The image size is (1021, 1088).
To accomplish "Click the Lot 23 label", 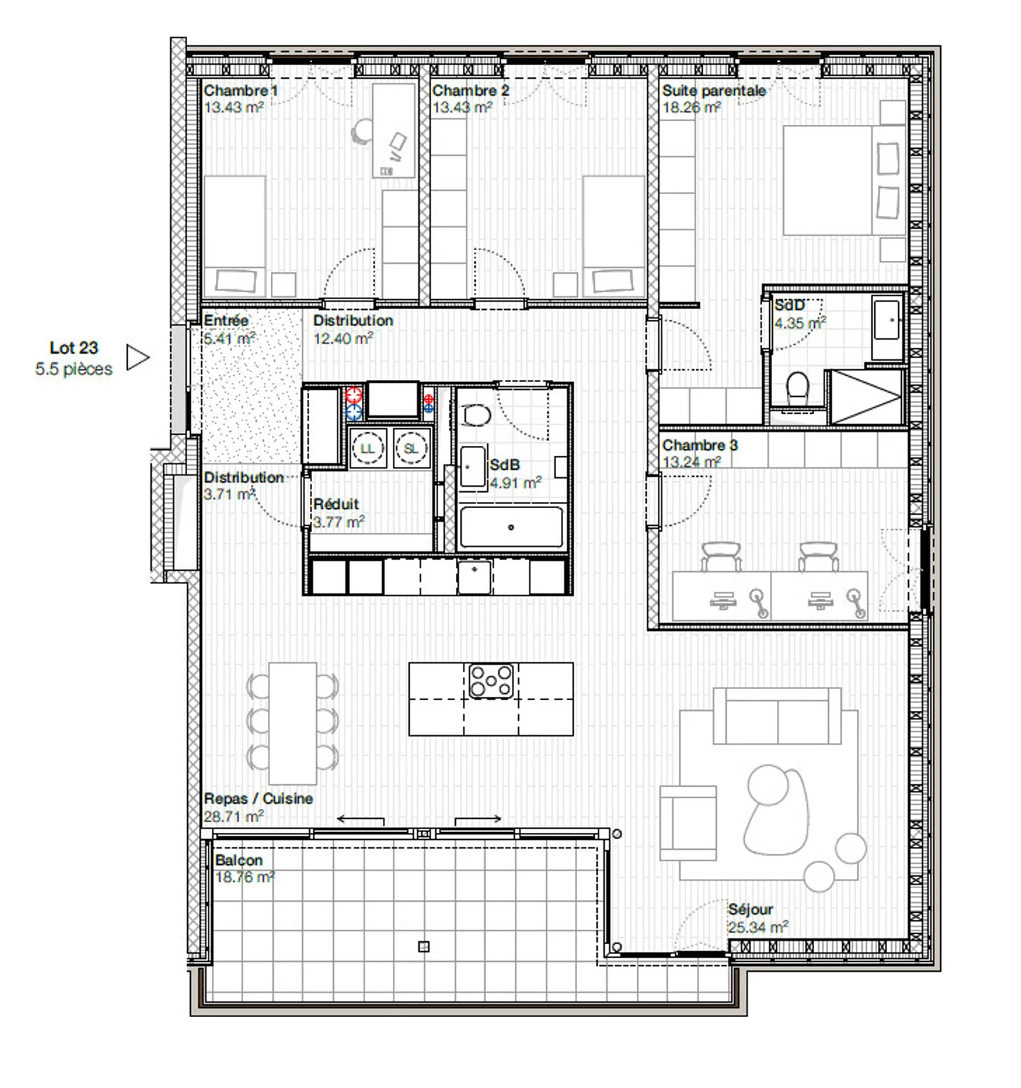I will [74, 348].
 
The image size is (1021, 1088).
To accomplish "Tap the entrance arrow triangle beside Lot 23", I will [137, 358].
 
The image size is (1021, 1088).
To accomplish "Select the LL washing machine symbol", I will [367, 449].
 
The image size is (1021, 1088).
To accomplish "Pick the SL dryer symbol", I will [411, 449].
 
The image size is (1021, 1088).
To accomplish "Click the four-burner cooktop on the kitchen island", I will [491, 680].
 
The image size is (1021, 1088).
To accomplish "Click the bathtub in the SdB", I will [511, 527].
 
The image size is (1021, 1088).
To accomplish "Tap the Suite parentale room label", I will [713, 91].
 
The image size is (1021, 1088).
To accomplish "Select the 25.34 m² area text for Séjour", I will [757, 927].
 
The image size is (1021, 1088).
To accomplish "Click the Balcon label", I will [238, 860].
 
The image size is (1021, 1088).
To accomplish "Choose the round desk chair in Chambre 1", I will [362, 131].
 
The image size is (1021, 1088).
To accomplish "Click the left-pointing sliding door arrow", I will [360, 819].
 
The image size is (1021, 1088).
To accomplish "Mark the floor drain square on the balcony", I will [423, 946].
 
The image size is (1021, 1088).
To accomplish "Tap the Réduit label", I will [336, 504].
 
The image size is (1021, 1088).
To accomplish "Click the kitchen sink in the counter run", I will [474, 577].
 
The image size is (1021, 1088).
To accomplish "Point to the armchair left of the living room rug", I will [688, 822].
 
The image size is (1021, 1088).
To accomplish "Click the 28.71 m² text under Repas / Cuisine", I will [234, 817].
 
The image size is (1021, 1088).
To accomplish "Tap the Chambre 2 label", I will [471, 91].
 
